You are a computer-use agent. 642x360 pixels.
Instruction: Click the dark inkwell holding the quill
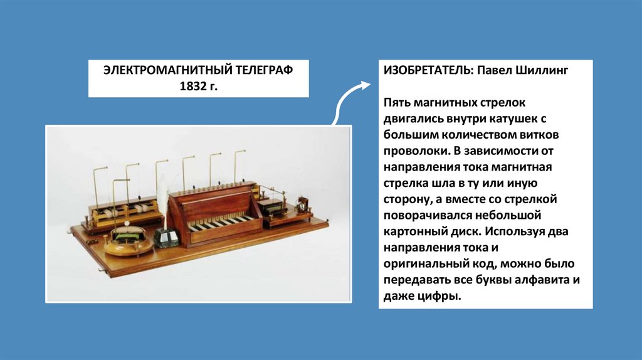tap(166, 237)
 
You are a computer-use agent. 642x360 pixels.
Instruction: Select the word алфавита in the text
tap(540, 282)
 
